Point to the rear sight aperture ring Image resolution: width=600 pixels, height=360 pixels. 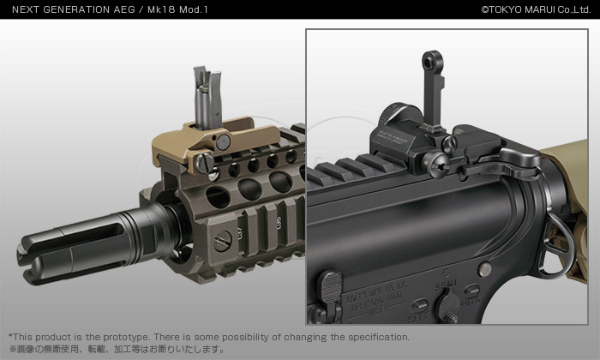tap(431, 65)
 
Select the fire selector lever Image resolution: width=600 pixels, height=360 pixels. tap(447, 309)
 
